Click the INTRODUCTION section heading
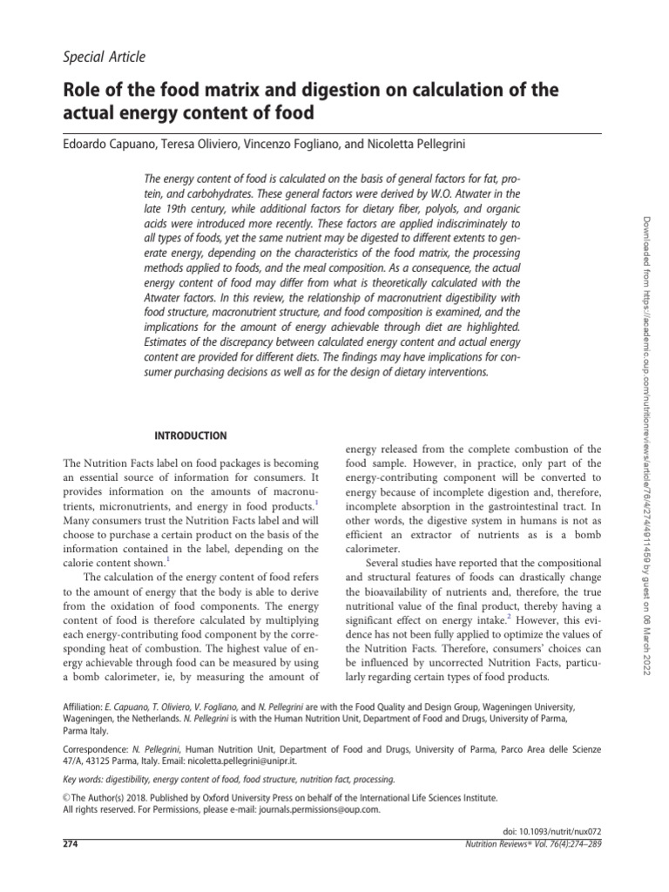(191, 436)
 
